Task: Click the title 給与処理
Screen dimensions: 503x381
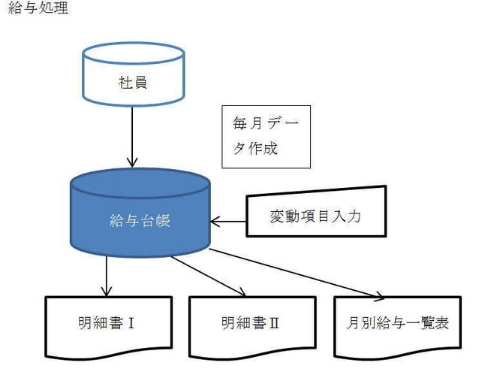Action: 38,8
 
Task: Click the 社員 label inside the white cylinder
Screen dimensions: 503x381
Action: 133,83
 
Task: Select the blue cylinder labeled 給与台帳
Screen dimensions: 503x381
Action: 140,212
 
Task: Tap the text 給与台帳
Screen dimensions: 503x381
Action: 140,221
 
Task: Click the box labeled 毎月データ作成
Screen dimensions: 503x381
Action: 267,137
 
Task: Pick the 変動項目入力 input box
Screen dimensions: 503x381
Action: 316,212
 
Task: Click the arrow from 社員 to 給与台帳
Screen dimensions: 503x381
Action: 132,137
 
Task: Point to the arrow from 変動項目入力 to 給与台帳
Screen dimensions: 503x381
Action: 228,222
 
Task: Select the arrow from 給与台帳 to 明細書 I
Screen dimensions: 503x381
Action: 107,276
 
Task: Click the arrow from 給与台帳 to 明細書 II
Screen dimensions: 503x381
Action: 209,277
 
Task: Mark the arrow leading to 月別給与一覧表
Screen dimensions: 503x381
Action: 297,273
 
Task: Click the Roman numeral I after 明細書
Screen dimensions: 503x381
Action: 131,323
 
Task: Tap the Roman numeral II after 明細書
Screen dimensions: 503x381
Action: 274,323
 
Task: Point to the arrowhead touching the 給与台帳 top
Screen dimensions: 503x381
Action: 132,162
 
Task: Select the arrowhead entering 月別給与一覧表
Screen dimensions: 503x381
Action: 378,297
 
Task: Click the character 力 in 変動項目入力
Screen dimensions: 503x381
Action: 354,216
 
